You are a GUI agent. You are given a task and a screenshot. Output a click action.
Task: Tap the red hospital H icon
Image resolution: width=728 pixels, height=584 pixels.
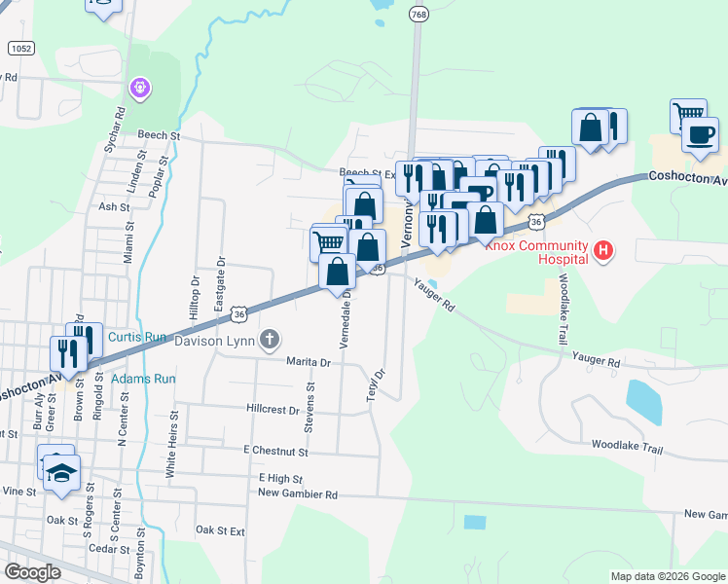[x=604, y=252]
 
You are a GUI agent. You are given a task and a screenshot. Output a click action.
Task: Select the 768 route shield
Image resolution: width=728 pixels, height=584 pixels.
[x=419, y=14]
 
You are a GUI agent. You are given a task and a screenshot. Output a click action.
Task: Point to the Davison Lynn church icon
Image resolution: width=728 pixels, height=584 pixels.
[x=270, y=340]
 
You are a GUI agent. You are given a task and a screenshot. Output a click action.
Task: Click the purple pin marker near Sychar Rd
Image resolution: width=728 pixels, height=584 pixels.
[x=140, y=89]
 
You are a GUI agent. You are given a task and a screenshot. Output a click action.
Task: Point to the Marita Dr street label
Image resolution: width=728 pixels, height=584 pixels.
[x=309, y=362]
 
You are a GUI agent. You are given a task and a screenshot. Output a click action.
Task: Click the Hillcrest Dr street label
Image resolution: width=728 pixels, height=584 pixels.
[x=273, y=410]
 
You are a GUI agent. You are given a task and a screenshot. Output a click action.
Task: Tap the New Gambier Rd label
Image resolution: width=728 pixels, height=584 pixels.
[x=298, y=493]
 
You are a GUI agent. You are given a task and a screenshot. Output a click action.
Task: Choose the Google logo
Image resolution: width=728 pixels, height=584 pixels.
[x=33, y=572]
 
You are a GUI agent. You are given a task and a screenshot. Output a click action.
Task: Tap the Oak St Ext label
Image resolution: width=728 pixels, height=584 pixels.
[x=220, y=530]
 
